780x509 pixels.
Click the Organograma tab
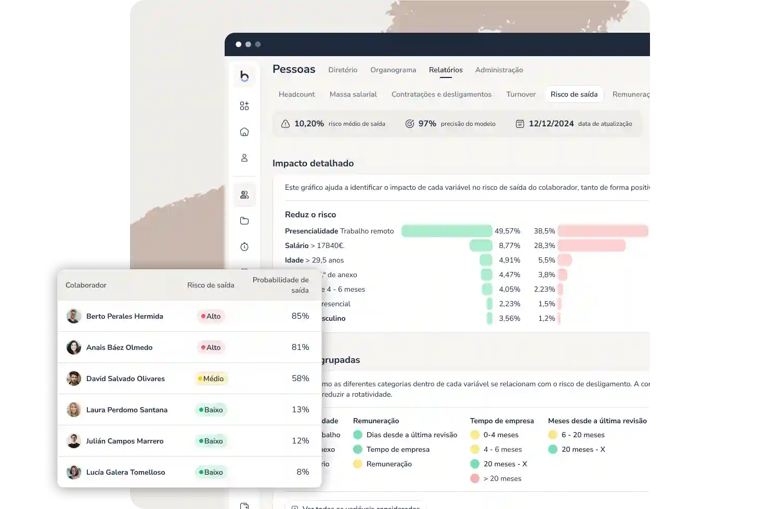[x=393, y=70]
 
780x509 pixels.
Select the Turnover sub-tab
[x=521, y=94]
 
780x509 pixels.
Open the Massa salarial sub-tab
[x=353, y=94]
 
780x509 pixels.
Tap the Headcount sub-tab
[x=296, y=94]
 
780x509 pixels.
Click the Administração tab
[x=499, y=70]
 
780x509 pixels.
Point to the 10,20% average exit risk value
[x=309, y=124]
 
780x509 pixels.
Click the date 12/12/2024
[x=551, y=124]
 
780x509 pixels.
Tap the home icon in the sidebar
[x=244, y=132]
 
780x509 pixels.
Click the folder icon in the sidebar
[x=244, y=221]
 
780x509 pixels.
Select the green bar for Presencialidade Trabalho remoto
[x=446, y=231]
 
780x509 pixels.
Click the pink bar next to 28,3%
[x=591, y=245]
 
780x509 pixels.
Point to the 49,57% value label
[x=507, y=231]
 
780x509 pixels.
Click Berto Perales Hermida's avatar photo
[x=74, y=316]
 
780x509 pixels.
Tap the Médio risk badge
[x=211, y=379]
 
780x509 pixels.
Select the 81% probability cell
[x=300, y=347]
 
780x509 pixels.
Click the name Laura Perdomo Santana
[x=127, y=410]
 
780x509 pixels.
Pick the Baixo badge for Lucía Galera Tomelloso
[x=211, y=472]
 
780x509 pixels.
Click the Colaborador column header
[x=86, y=285]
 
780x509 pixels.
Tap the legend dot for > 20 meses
[x=475, y=478]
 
